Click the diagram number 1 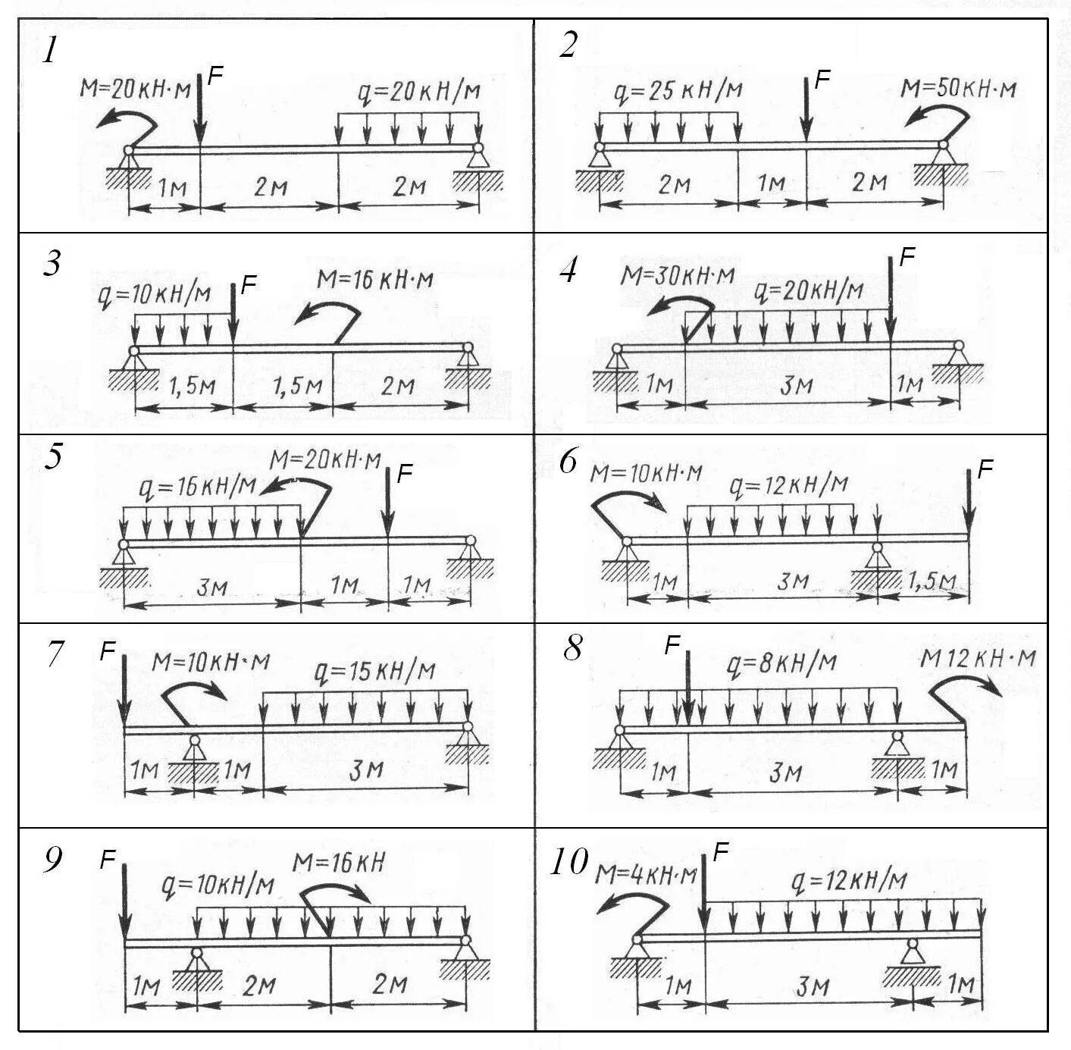coord(50,51)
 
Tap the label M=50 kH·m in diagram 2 coord(958,89)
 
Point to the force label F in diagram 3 coord(249,286)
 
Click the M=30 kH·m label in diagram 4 coord(678,275)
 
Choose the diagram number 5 coord(52,457)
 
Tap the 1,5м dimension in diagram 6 coord(931,581)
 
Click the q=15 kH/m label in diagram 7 coord(374,671)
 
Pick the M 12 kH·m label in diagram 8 coord(978,658)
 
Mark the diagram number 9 coord(52,860)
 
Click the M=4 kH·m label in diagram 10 coord(646,876)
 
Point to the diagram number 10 coord(568,862)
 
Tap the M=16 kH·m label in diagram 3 coord(375,280)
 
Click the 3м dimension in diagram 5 coord(211,587)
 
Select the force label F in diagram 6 coord(985,470)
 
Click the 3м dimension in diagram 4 coord(796,386)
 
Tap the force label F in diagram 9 coord(108,859)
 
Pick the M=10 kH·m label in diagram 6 coord(646,474)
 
